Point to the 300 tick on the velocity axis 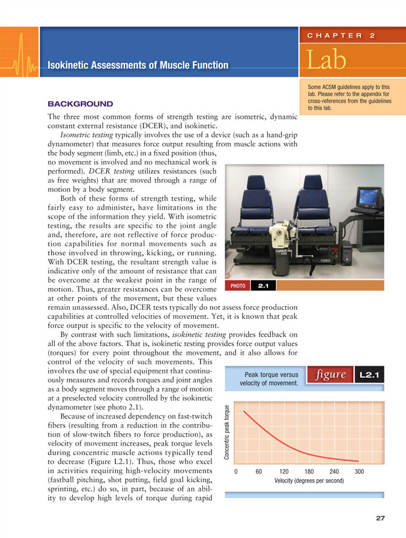[x=360, y=471]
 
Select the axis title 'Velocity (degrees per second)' [x=309, y=481]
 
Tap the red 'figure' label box [x=329, y=375]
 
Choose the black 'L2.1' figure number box [x=368, y=375]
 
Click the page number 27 [x=380, y=518]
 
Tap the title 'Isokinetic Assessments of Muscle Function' [x=138, y=65]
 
